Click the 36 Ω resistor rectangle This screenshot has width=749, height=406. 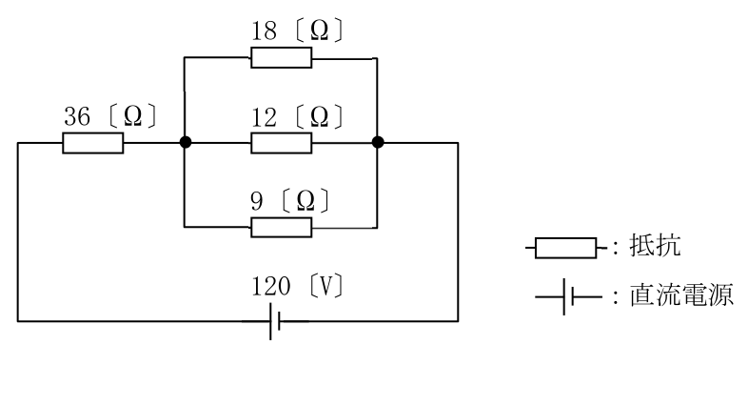[92, 143]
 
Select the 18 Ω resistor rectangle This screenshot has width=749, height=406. [282, 57]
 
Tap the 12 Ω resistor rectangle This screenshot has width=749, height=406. [282, 143]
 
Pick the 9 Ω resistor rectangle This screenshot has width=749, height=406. [282, 228]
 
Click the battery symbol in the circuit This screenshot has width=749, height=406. [274, 321]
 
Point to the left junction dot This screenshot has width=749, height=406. [186, 142]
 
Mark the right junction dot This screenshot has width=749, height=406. [378, 142]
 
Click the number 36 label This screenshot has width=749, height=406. [77, 116]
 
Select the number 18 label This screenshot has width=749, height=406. [265, 31]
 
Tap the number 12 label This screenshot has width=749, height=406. [265, 117]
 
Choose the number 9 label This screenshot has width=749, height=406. [257, 201]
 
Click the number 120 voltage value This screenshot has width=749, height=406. [271, 286]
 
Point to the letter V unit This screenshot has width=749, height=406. [325, 286]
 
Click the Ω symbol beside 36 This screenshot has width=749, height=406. [132, 116]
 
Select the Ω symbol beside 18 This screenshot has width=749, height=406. [319, 30]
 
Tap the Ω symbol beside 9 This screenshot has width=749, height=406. [306, 201]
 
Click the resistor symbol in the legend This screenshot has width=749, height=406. [566, 248]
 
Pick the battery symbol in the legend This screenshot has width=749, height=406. [568, 297]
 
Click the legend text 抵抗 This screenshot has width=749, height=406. [655, 246]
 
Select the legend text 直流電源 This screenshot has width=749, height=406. [681, 294]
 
